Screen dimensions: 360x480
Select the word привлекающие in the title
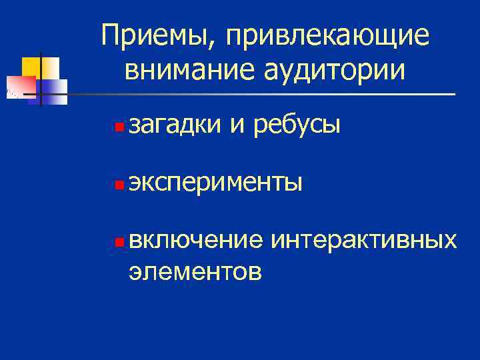[x=327, y=38]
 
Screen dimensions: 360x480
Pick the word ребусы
[x=299, y=125]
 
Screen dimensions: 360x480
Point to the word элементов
[x=195, y=271]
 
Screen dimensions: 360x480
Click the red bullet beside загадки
[x=117, y=125]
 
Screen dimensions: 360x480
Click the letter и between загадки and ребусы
[x=237, y=125]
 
